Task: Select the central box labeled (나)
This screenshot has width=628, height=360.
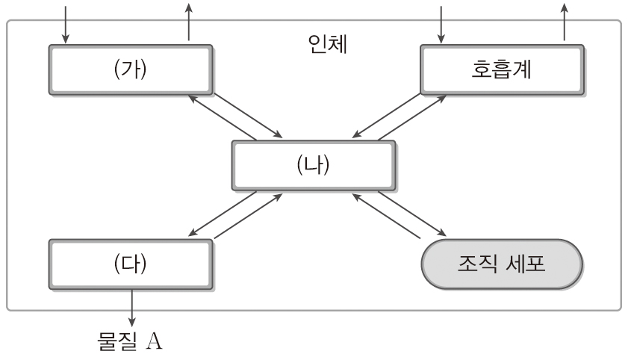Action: (313, 165)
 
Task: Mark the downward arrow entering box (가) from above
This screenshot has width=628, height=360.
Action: (66, 22)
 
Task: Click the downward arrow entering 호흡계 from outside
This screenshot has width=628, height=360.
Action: (442, 22)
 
